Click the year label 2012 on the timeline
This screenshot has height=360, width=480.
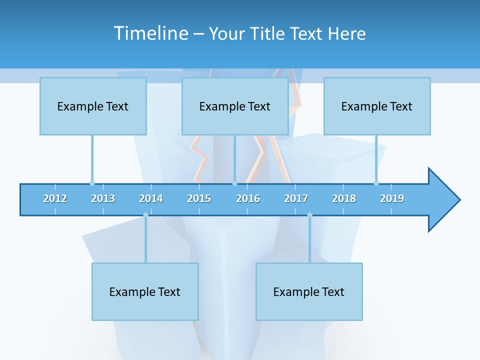[55, 198]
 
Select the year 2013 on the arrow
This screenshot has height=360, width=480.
[103, 198]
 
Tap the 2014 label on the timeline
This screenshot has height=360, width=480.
[151, 198]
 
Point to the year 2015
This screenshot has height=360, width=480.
[199, 198]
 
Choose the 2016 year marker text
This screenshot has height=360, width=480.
[248, 198]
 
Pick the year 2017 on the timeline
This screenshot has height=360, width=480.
[296, 198]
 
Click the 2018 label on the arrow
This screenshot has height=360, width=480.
[344, 198]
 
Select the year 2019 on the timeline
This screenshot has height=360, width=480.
[392, 198]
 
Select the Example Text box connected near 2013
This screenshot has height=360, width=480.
[93, 106]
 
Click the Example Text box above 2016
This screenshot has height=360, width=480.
[235, 106]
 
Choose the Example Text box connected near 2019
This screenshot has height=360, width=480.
[377, 106]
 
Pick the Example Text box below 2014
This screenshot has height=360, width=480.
[145, 291]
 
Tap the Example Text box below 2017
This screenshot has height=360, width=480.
[309, 291]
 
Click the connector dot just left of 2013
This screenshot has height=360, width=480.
[92, 183]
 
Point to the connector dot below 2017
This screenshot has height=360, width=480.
[309, 215]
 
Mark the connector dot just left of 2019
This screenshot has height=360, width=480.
[376, 183]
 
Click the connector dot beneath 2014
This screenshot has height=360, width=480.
[145, 215]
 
